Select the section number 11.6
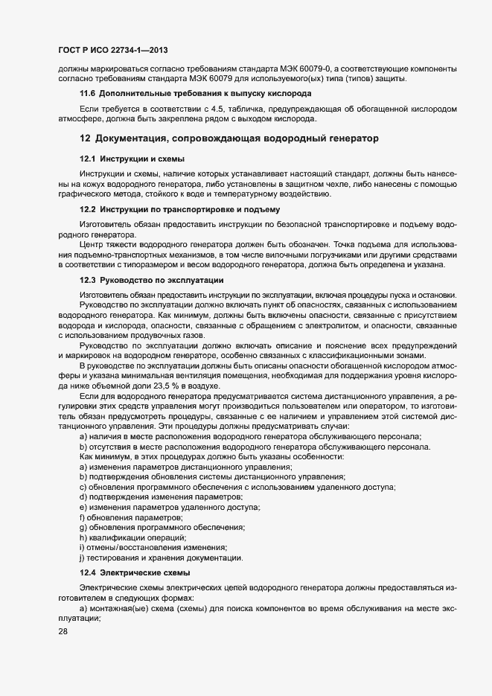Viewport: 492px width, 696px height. coord(88,93)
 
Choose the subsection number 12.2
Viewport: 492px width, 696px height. coord(88,209)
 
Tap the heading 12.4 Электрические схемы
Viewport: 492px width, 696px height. coord(135,572)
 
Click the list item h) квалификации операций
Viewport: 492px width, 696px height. coord(132,537)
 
